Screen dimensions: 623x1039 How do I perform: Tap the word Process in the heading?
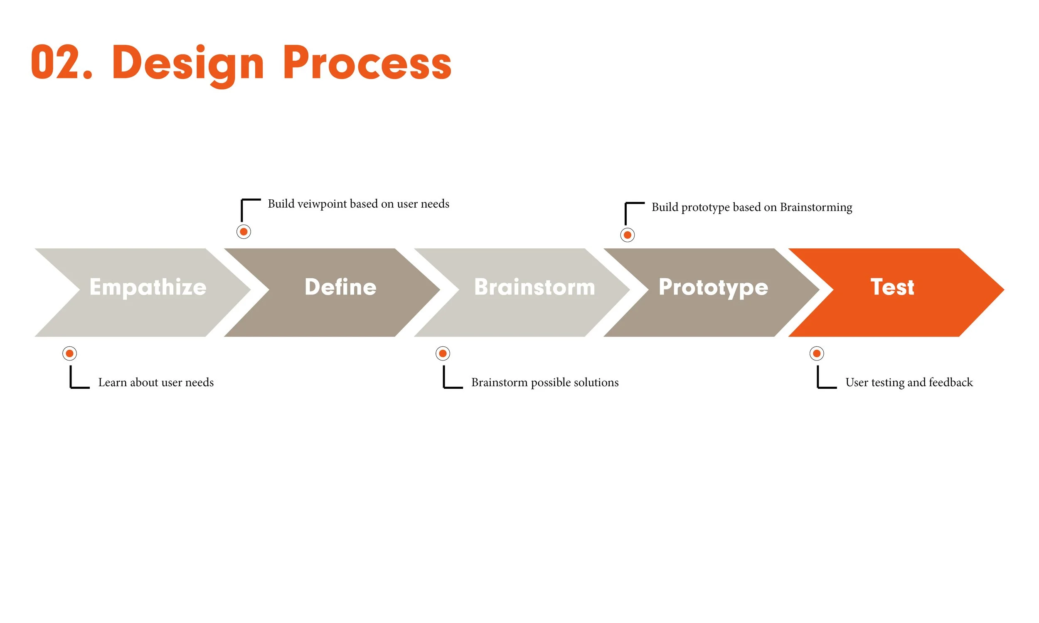pos(367,63)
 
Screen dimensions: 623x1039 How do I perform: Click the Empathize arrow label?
pos(148,287)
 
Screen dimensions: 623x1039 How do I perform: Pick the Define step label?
pos(340,287)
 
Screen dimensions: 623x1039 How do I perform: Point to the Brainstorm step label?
pos(534,287)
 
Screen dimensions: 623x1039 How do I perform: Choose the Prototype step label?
pos(713,288)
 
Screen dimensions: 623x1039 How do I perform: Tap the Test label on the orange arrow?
pos(892,287)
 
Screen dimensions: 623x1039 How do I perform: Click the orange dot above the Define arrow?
pos(244,232)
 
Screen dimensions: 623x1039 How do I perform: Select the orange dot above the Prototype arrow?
pos(628,235)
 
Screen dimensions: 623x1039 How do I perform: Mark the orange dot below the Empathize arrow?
pos(70,353)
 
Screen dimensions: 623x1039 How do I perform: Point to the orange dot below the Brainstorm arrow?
pos(443,353)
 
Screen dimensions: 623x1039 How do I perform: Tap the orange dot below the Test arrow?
pos(817,353)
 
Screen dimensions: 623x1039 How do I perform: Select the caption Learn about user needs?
pos(156,383)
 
